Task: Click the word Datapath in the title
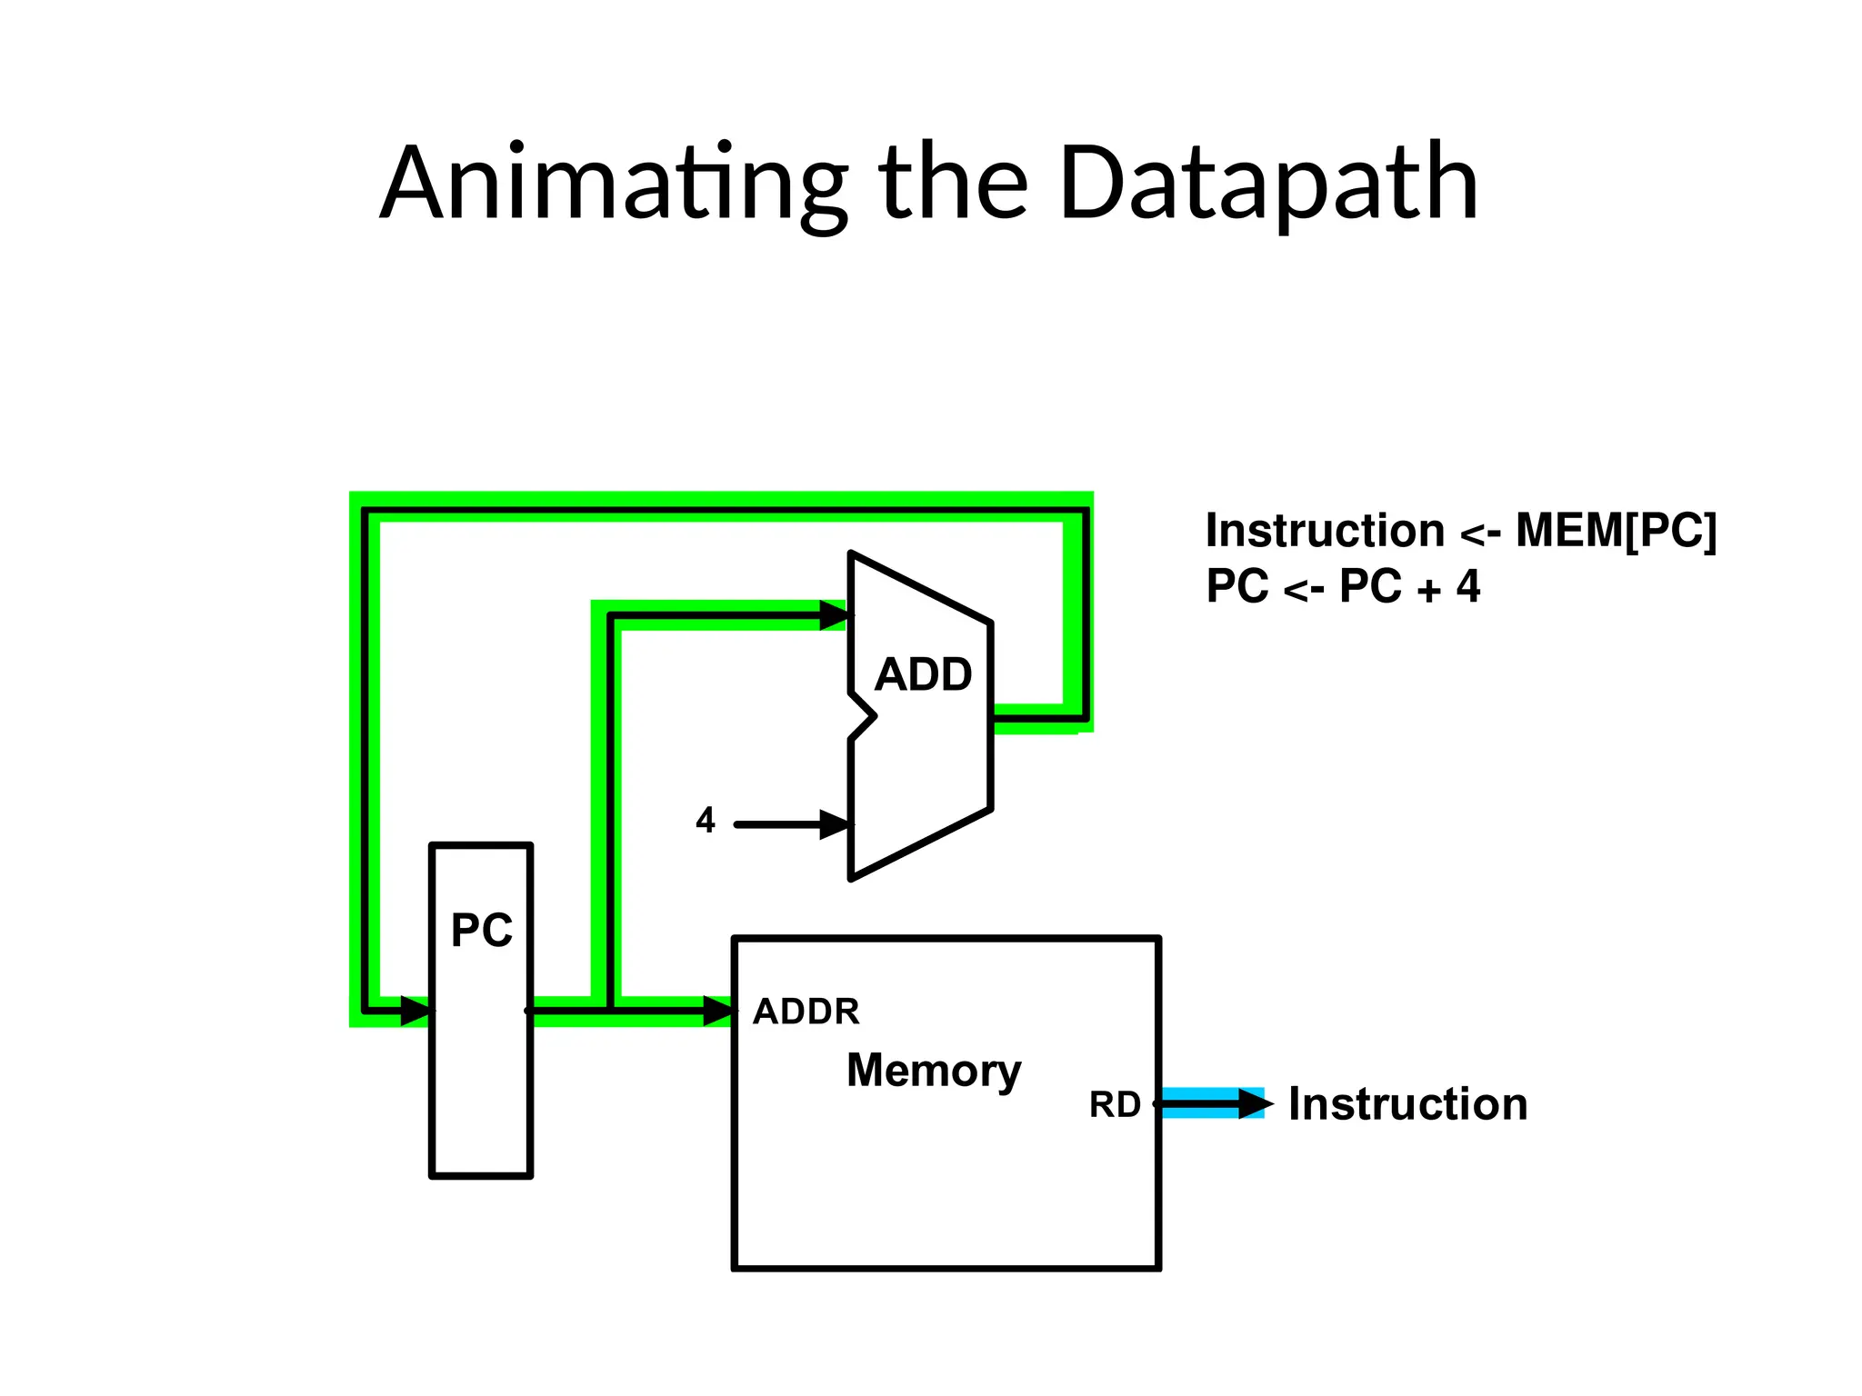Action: (1267, 184)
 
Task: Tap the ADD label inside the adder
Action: (923, 675)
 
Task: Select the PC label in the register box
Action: (482, 931)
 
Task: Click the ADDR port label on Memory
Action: (806, 1012)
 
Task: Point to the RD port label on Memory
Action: (1115, 1105)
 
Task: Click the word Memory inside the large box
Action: (934, 1071)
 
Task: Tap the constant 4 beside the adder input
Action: (706, 821)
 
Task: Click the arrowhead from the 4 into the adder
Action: (835, 825)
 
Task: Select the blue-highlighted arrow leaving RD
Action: (1209, 1104)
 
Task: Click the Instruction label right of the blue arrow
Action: (1407, 1105)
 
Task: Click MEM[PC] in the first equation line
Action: (1617, 531)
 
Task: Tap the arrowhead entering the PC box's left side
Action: (415, 1011)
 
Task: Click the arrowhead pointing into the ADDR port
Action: (718, 1011)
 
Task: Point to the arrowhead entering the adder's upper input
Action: (834, 615)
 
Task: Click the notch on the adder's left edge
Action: (864, 717)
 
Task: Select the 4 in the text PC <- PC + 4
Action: (1467, 586)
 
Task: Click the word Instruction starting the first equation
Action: (1325, 531)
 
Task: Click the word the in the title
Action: (953, 184)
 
